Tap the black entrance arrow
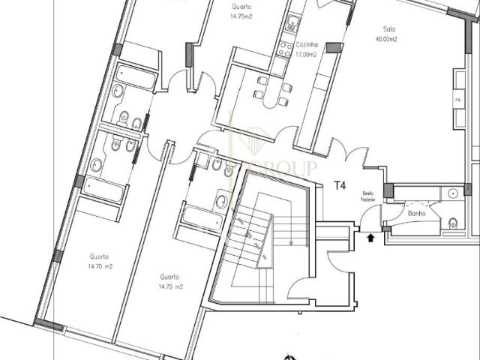point(370,238)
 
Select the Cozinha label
point(306,46)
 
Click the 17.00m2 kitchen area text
point(306,55)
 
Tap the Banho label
point(416,214)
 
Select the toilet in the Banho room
point(454,222)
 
